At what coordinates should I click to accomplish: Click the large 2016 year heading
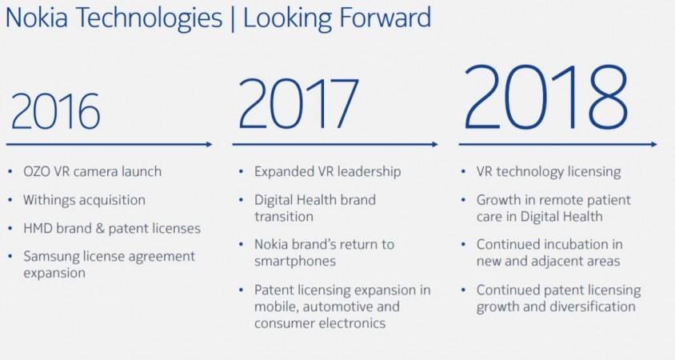pos(55,111)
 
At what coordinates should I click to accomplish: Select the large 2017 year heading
pos(298,103)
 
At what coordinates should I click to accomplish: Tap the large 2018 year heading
pos(546,97)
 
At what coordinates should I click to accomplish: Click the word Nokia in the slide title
pos(37,18)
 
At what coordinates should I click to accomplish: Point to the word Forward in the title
pos(385,18)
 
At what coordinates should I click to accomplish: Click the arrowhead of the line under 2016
pos(210,144)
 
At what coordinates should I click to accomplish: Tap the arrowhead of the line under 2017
pos(435,144)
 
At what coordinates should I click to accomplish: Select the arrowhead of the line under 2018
pos(653,144)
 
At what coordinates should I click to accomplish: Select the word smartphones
pos(295,262)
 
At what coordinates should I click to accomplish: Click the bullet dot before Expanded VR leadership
pos(241,172)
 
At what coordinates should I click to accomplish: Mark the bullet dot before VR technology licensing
pos(463,172)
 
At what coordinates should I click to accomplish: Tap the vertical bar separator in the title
pos(233,18)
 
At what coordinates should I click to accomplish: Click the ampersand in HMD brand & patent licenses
pos(100,229)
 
